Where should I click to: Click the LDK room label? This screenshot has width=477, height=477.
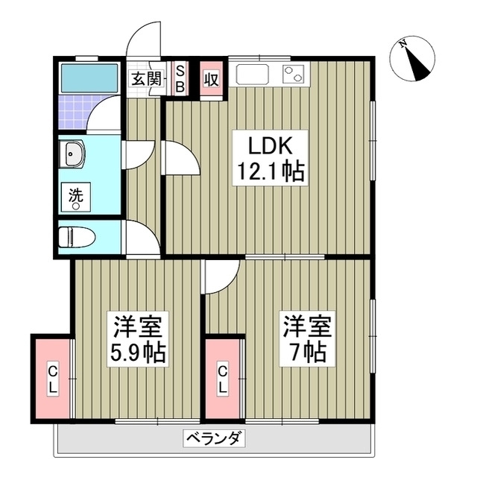270,145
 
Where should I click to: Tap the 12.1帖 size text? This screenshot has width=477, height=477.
270,172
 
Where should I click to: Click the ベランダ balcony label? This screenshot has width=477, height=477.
212,437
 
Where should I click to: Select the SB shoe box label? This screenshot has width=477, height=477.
180,78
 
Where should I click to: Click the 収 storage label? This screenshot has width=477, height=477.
211,78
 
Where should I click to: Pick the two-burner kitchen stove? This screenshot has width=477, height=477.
292,75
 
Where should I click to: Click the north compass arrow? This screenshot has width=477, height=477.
416,59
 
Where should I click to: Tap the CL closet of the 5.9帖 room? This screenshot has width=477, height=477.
53,378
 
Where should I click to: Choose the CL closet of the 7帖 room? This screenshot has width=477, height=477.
224,378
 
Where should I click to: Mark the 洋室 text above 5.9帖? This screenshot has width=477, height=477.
139,325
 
